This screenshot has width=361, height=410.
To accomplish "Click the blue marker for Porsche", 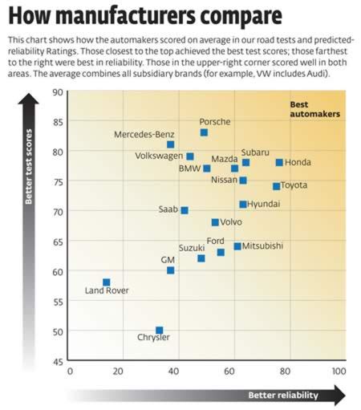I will point(204,132).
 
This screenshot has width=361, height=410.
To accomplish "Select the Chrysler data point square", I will point(160,331).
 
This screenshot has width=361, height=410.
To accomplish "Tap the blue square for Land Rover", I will point(106,282).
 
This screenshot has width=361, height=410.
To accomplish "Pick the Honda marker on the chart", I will point(279,162).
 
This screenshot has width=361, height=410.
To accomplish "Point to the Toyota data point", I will point(276,186).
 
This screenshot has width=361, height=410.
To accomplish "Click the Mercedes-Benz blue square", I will point(170,144).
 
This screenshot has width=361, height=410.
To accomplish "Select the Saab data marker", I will point(185,210).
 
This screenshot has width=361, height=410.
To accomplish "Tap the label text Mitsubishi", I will point(262,246).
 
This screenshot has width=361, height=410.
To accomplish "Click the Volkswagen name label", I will point(156,156).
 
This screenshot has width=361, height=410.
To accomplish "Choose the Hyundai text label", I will point(264,205).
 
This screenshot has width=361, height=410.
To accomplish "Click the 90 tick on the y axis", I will point(58,91).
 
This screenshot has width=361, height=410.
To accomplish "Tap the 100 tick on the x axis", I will point(338,371).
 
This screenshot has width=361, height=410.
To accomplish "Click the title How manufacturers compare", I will point(144,15).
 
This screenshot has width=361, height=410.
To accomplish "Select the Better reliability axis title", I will point(282,395).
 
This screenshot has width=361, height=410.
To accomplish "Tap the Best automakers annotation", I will point(314,109).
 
